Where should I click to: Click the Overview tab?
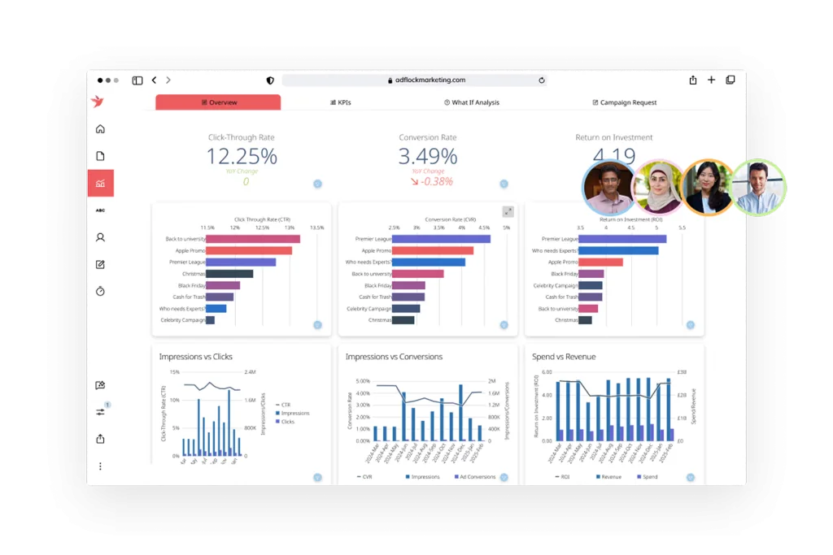coord(218,102)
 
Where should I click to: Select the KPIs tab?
coord(340,102)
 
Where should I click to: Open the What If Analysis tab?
coord(472,102)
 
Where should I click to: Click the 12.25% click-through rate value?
coord(241,156)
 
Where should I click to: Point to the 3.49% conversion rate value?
coord(427,156)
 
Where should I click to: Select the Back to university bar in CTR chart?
coord(253,239)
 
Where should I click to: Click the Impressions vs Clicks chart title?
coord(195,357)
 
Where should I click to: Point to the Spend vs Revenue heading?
coord(564,357)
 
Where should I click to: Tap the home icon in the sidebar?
coord(100,129)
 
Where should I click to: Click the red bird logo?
coord(99,102)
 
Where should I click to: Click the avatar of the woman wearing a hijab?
coord(657,188)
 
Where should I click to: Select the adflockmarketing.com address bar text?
coord(430,80)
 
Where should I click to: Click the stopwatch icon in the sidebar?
coord(100,291)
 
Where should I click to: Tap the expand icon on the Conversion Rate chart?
coord(508,212)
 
